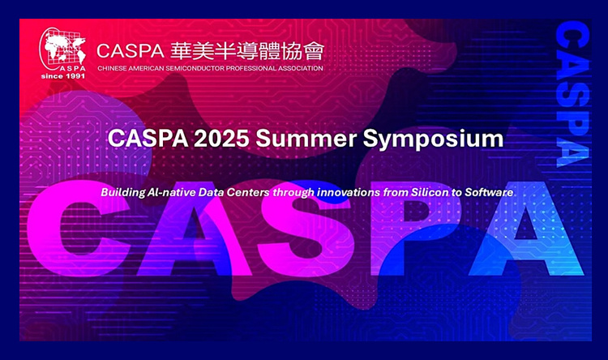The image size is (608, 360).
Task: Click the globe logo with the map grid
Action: coord(62,49)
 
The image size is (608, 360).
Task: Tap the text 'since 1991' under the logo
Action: coord(62,76)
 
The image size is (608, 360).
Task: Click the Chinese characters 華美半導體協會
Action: coord(247,52)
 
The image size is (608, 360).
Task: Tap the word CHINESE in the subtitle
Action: coord(112,68)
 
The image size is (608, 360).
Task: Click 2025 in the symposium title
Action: coord(221,139)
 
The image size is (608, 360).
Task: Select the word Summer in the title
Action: coord(306,139)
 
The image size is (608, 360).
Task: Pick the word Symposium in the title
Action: coord(433,139)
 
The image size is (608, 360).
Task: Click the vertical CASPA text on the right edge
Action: coord(572,94)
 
